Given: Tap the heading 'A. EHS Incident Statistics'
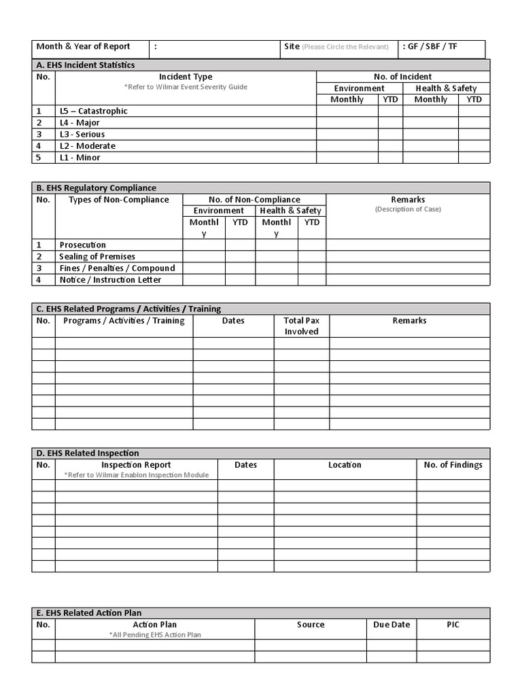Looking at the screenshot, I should (x=86, y=65).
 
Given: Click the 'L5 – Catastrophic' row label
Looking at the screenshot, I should (x=93, y=111).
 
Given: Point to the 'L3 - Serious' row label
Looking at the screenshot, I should (x=82, y=134).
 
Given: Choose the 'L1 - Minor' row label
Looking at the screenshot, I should (x=80, y=157).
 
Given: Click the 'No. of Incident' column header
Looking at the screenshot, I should (x=402, y=77).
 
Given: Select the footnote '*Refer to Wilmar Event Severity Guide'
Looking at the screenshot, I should (x=186, y=87).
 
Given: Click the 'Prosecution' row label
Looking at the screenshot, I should (x=82, y=245).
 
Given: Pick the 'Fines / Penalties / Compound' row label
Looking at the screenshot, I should (x=117, y=268).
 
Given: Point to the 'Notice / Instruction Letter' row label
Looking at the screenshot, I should (x=110, y=279).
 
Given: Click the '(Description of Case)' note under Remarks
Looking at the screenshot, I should (x=408, y=209).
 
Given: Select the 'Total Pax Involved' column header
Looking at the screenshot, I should (x=302, y=326).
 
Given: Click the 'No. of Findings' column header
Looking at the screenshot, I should (x=453, y=465).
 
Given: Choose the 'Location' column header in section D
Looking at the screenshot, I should (x=345, y=465).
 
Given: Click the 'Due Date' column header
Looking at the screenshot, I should (x=391, y=625).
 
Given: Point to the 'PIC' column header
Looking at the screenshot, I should (x=453, y=625).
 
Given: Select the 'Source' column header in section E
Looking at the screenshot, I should (x=311, y=625).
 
